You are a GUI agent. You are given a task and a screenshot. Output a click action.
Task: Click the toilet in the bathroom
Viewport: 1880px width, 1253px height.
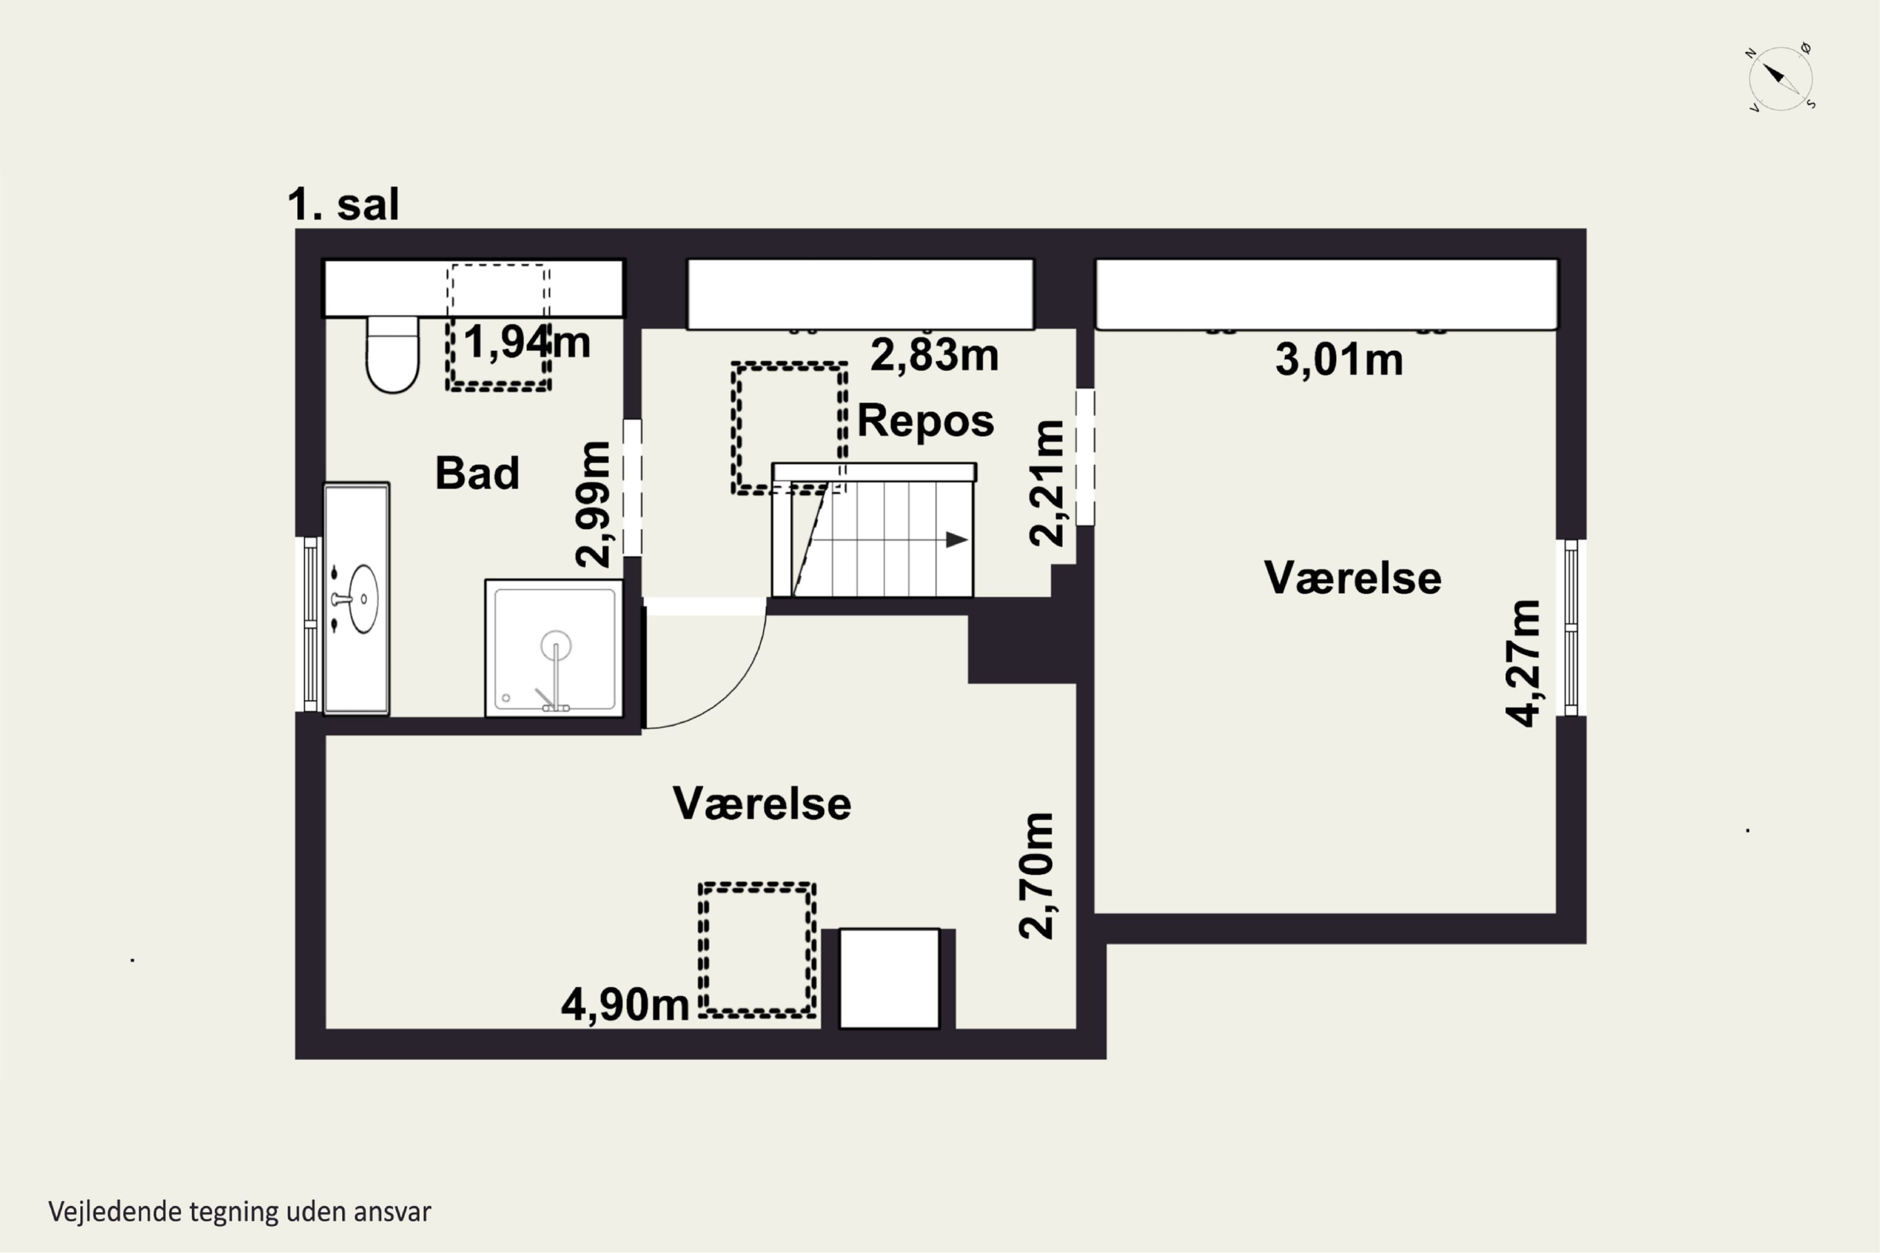pos(392,356)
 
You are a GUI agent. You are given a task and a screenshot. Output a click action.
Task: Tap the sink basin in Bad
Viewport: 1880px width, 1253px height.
pos(363,598)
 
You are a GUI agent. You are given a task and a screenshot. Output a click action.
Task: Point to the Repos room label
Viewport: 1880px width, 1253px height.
pos(925,420)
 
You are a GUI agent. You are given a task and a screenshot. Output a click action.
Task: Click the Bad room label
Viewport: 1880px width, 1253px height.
pos(476,472)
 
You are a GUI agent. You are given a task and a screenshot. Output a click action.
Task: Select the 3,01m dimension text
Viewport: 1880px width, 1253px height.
pos(1338,360)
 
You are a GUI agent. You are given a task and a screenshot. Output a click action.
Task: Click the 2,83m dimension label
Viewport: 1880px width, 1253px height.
pos(934,355)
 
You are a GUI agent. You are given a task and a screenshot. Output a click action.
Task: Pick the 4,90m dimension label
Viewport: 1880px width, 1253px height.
pos(624,1004)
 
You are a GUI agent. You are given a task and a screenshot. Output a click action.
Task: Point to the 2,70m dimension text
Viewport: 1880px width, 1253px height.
pos(1036,875)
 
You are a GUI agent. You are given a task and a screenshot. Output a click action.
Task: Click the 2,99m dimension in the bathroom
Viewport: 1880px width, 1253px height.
pos(593,504)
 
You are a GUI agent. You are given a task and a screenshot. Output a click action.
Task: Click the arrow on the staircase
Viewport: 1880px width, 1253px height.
pos(956,540)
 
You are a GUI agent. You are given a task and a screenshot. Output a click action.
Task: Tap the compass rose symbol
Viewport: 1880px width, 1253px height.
pos(1780,78)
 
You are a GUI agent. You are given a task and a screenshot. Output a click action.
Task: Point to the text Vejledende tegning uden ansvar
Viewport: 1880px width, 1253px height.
pos(240,1212)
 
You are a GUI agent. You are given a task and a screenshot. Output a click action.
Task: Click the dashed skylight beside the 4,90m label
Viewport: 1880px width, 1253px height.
pos(756,949)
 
